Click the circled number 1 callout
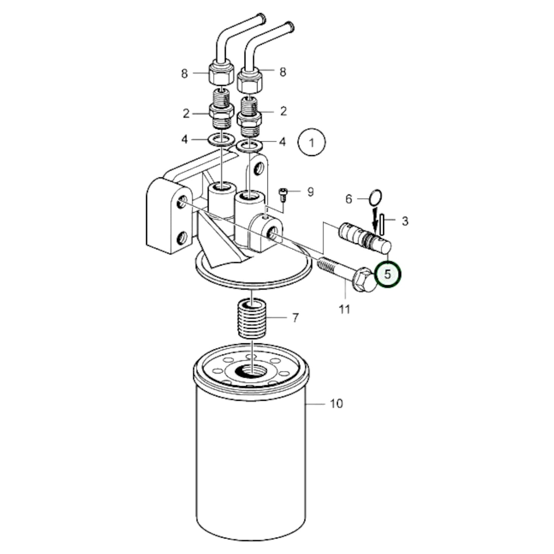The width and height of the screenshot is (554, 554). click(311, 143)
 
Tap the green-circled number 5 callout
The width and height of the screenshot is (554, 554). click(388, 275)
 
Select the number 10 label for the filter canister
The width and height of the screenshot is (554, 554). click(336, 403)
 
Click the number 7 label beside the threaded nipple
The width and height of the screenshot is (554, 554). click(295, 318)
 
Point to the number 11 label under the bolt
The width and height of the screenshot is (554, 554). click(345, 309)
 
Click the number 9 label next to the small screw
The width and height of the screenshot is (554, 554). click(310, 191)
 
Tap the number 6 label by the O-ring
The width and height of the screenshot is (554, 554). click(349, 199)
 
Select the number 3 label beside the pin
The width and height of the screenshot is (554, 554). click(405, 221)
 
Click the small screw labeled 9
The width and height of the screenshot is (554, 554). click(283, 193)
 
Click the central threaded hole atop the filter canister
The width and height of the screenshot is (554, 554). click(248, 370)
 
